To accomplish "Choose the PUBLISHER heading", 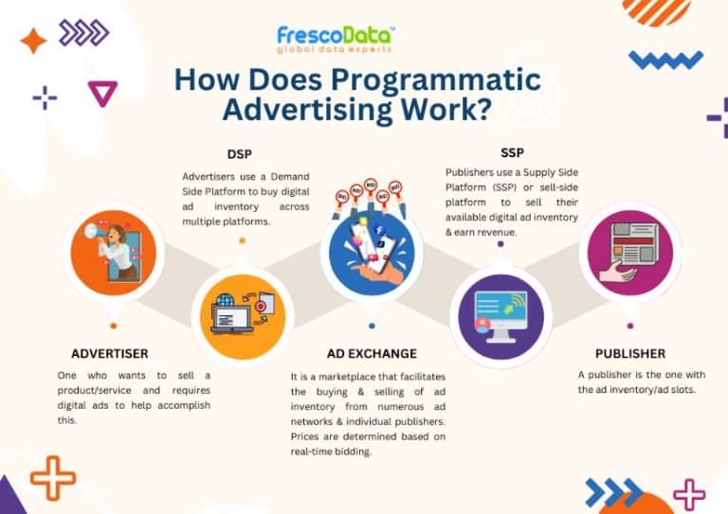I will (x=630, y=353).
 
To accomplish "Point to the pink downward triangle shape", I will (x=101, y=92).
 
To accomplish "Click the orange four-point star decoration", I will (x=32, y=41).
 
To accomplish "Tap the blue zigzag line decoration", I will (x=665, y=61).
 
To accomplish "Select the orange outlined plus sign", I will (x=52, y=477).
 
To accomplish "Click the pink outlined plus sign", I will (x=689, y=492).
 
